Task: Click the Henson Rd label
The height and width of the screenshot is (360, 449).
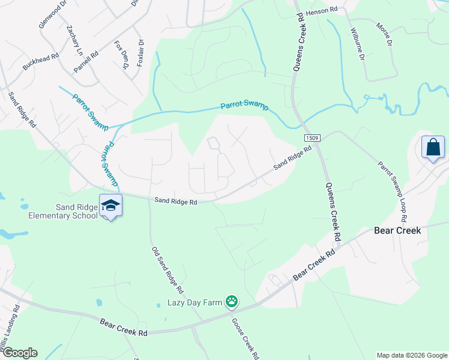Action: (322, 11)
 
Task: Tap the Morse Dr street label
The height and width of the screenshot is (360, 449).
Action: (384, 35)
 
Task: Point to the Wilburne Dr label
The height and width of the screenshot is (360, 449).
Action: (358, 44)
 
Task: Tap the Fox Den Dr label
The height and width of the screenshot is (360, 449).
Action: (122, 55)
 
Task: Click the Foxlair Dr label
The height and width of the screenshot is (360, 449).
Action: (140, 53)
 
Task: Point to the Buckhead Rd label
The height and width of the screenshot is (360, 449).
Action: (41, 62)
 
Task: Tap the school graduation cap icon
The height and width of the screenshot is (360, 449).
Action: (110, 206)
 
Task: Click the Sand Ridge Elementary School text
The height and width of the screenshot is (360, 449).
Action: (63, 211)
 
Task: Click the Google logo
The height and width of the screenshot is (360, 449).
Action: (19, 353)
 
